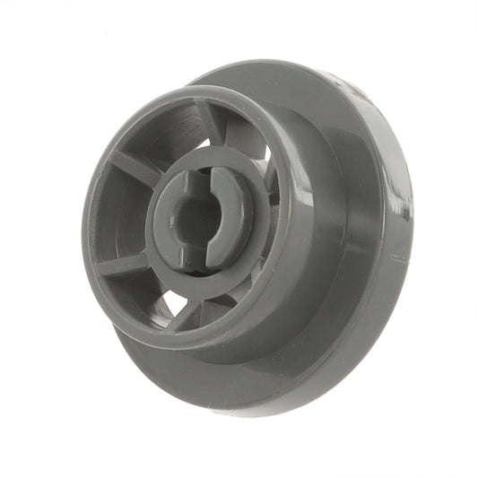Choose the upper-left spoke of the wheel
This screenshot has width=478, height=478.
point(135,166)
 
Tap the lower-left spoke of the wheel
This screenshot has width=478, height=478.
point(126,262)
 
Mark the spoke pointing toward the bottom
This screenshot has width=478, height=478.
point(188,309)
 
